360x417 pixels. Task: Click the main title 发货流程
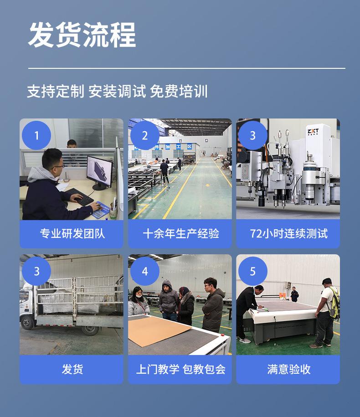click(82, 35)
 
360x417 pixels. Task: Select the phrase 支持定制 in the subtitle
click(55, 91)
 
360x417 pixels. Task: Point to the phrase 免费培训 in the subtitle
click(179, 91)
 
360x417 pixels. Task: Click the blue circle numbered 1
click(36, 135)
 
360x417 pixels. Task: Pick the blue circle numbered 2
click(145, 135)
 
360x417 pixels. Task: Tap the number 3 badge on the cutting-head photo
click(253, 135)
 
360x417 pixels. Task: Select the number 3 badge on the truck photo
click(36, 271)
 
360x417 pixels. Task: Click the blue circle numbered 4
click(145, 271)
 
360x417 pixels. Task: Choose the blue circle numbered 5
click(253, 271)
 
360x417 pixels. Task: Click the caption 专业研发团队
click(72, 234)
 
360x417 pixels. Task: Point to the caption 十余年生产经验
click(180, 234)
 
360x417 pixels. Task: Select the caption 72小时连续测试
click(288, 234)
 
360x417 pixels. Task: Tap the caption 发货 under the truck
click(72, 369)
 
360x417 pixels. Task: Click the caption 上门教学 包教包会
click(180, 369)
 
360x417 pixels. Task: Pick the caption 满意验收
click(288, 369)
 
